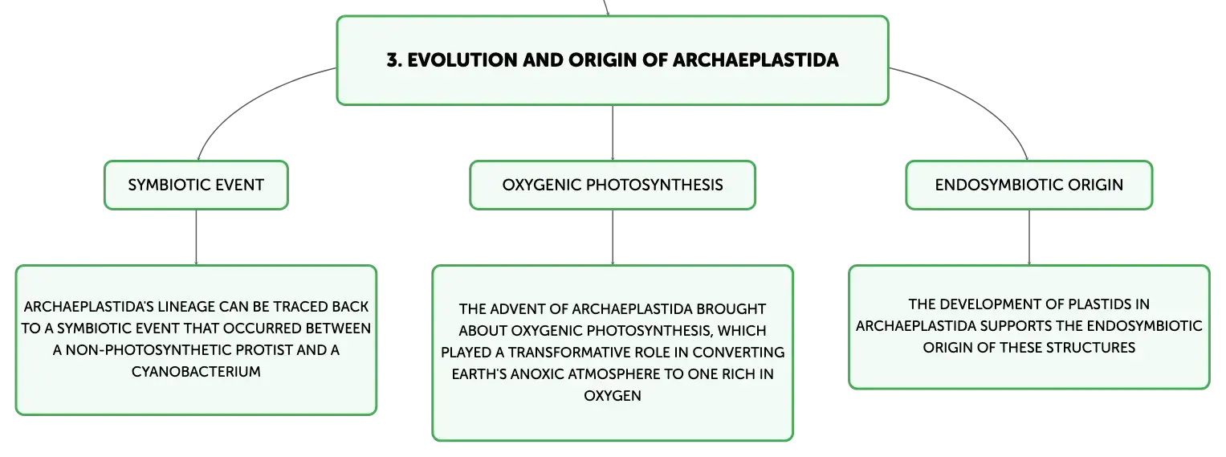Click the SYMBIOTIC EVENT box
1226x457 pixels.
tap(196, 185)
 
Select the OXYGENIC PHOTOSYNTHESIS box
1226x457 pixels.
tap(613, 185)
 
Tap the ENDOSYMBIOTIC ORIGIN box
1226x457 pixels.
tap(1029, 185)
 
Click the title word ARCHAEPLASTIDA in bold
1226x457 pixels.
tap(756, 60)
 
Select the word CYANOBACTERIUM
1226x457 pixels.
tap(196, 372)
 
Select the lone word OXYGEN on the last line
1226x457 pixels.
tap(613, 396)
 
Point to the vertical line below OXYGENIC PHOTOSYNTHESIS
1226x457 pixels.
tap(613, 237)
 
